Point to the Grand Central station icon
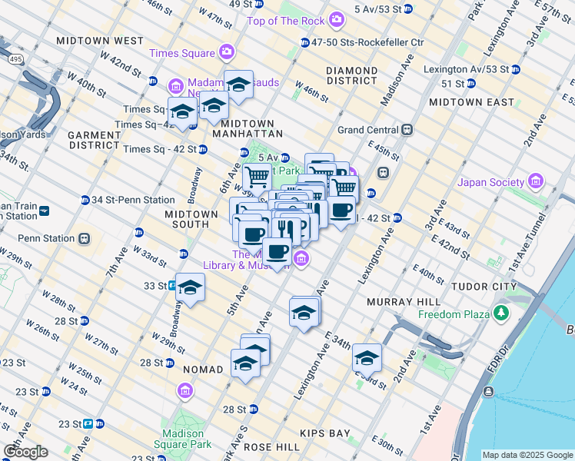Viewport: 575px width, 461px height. tap(407, 130)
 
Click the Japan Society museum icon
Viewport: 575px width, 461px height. tap(536, 182)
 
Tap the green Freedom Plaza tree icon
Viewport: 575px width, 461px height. tap(502, 313)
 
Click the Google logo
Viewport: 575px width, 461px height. tap(25, 451)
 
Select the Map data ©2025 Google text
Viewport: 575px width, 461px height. tap(527, 455)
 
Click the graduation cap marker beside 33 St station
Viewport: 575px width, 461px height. tap(190, 288)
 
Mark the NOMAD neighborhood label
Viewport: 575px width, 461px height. tap(201, 370)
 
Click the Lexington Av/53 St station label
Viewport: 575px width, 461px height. tap(466, 69)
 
